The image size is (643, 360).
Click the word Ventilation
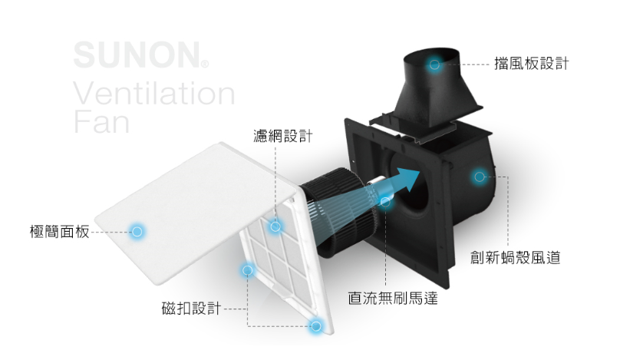[153, 94]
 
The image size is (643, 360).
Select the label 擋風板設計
[531, 64]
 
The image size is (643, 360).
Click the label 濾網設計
[283, 136]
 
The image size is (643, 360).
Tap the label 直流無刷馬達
[392, 297]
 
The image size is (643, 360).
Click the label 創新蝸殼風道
[515, 258]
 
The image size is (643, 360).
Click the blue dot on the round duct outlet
[434, 65]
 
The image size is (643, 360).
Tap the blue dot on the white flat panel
[137, 230]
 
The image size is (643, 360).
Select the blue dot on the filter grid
[275, 226]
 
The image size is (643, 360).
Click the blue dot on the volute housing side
[479, 177]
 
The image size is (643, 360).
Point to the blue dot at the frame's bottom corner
[315, 326]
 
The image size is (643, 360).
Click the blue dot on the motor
[386, 202]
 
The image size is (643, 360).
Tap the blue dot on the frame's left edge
[247, 270]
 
